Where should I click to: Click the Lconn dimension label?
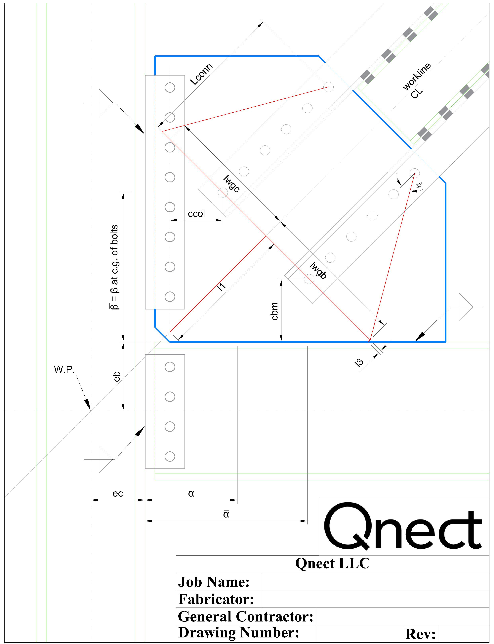pyautogui.click(x=201, y=74)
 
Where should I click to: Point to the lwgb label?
pyautogui.click(x=318, y=270)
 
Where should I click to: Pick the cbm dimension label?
pyautogui.click(x=274, y=311)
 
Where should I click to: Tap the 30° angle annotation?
pyautogui.click(x=419, y=186)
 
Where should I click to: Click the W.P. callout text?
pyautogui.click(x=64, y=370)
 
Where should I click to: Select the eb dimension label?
pyautogui.click(x=117, y=376)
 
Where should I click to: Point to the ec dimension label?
pyautogui.click(x=118, y=494)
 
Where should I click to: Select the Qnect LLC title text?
pyautogui.click(x=332, y=564)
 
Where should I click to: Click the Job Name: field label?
pyautogui.click(x=214, y=582)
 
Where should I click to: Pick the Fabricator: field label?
pyautogui.click(x=216, y=599)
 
